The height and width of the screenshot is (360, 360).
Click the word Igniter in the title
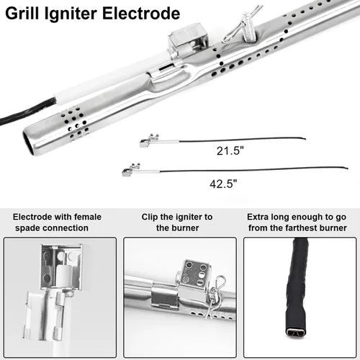click(x=71, y=14)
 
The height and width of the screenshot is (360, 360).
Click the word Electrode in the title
click(x=141, y=13)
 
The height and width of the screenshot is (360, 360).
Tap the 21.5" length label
click(x=230, y=151)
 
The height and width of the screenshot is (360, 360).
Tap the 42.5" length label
click(x=223, y=184)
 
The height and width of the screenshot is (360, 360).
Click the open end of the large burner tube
click(x=28, y=143)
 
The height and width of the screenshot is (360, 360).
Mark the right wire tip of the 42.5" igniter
click(x=348, y=168)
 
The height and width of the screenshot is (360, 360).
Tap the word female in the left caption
click(x=88, y=217)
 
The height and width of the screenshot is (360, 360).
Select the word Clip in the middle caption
click(x=150, y=217)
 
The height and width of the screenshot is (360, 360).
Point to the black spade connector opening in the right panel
click(x=296, y=333)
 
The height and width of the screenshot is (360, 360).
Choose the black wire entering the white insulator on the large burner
click(x=27, y=111)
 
